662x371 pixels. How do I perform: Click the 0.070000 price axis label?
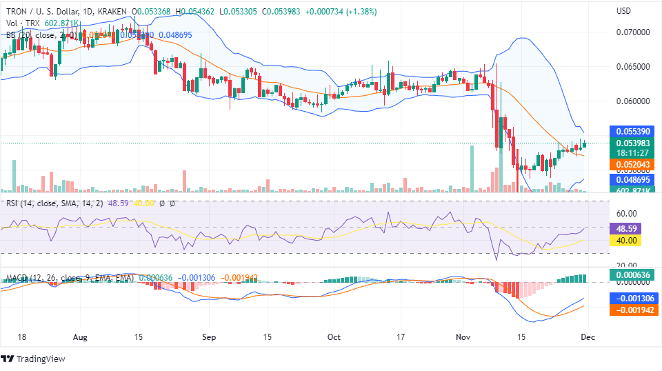pos(632,32)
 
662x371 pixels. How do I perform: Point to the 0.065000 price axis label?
pos(632,67)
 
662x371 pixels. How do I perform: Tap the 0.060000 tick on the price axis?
pos(632,101)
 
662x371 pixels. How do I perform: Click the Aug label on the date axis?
pos(81,338)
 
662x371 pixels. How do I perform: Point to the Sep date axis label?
pos(210,338)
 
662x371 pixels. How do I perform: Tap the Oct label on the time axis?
pos(334,338)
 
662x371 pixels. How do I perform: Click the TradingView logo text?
pos(41,359)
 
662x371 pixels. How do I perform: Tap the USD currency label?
pos(623,11)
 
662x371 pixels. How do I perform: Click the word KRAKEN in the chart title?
pos(111,11)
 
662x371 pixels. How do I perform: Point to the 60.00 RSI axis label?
pos(625,214)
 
